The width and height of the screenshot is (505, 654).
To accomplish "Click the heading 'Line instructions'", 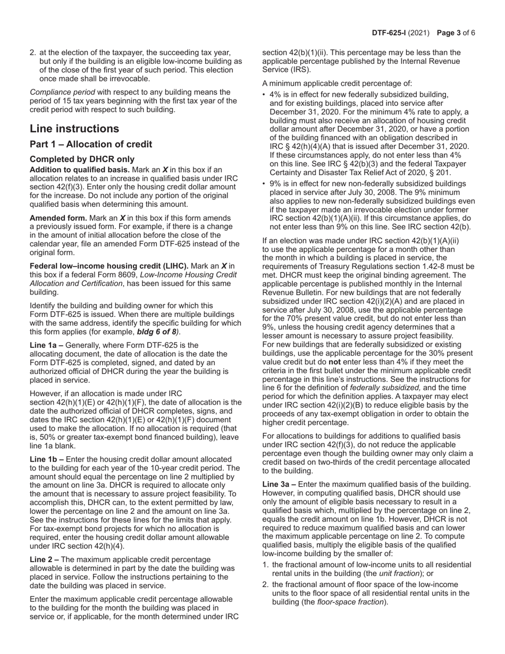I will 74,129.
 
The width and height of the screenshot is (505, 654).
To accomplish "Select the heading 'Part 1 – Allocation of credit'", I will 91,145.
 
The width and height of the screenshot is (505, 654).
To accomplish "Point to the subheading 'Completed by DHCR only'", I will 82,160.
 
